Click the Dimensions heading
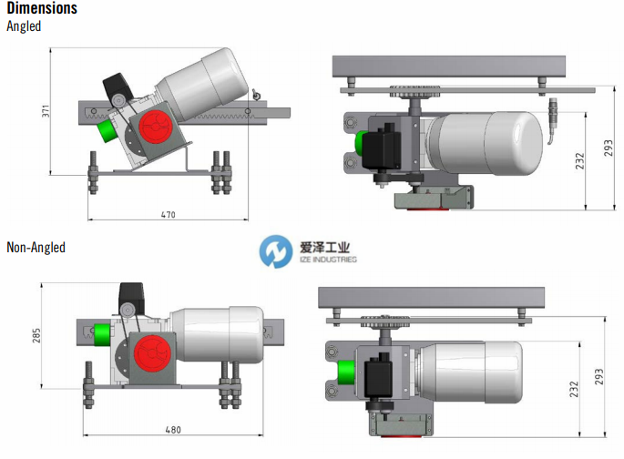point(42,8)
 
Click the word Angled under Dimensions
point(24,26)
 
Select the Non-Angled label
point(36,248)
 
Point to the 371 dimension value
point(46,111)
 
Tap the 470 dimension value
point(168,215)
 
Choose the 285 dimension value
point(36,335)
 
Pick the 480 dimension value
point(173,430)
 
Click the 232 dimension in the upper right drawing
point(580,160)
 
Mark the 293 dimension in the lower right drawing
point(598,377)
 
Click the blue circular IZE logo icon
point(276,251)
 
